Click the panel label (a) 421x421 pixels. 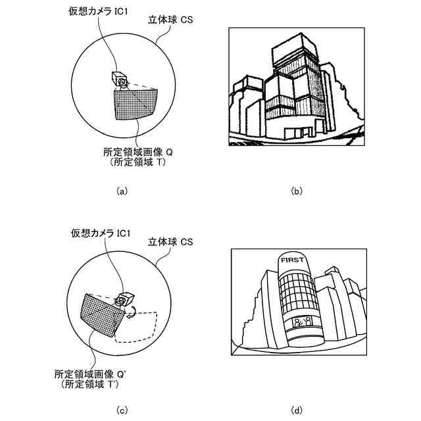(x=120, y=191)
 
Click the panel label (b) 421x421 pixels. (x=296, y=191)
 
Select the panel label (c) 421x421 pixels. (x=120, y=411)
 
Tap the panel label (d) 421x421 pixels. (x=296, y=411)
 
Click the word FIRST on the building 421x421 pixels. (x=291, y=260)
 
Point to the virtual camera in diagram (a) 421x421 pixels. (x=120, y=79)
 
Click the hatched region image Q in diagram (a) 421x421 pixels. (x=137, y=104)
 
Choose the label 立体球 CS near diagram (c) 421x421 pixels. (x=169, y=242)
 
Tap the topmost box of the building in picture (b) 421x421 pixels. (x=291, y=43)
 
